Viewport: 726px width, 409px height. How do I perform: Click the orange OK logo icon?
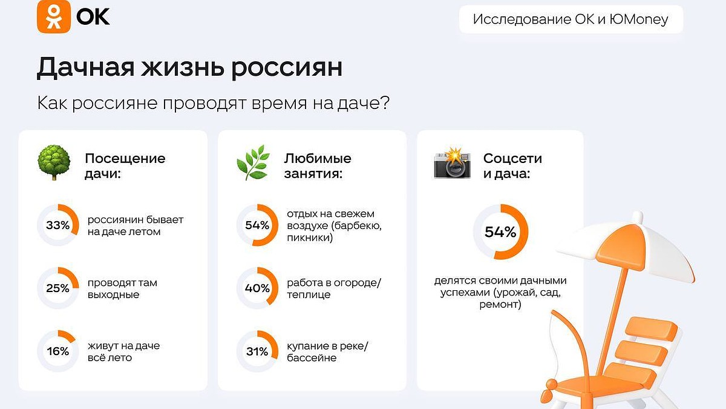coord(54,16)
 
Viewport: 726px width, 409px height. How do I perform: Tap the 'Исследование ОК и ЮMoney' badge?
coord(571,19)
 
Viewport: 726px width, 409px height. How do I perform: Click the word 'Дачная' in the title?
coord(85,67)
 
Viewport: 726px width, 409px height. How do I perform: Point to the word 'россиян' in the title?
coord(287,69)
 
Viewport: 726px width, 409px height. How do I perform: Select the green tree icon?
coord(54,162)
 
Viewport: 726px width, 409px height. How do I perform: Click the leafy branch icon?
coord(253,162)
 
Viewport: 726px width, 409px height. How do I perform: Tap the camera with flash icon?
coord(452,163)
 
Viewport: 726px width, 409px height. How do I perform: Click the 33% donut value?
coord(57,225)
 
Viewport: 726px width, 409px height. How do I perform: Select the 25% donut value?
coord(57,288)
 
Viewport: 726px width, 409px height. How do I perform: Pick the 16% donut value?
coord(58,351)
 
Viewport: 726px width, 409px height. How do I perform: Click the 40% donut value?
coord(257,288)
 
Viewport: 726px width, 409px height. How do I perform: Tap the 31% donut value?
coord(257,351)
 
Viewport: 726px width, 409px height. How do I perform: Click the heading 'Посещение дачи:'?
coord(125,166)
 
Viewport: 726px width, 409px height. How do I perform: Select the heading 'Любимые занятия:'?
coord(318,166)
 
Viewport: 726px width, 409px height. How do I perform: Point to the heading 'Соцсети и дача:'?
coord(512,166)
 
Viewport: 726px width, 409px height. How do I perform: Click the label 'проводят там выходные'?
coord(122,288)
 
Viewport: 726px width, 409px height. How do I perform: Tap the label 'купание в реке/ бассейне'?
coord(328,351)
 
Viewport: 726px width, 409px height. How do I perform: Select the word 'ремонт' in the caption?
coord(500,305)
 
